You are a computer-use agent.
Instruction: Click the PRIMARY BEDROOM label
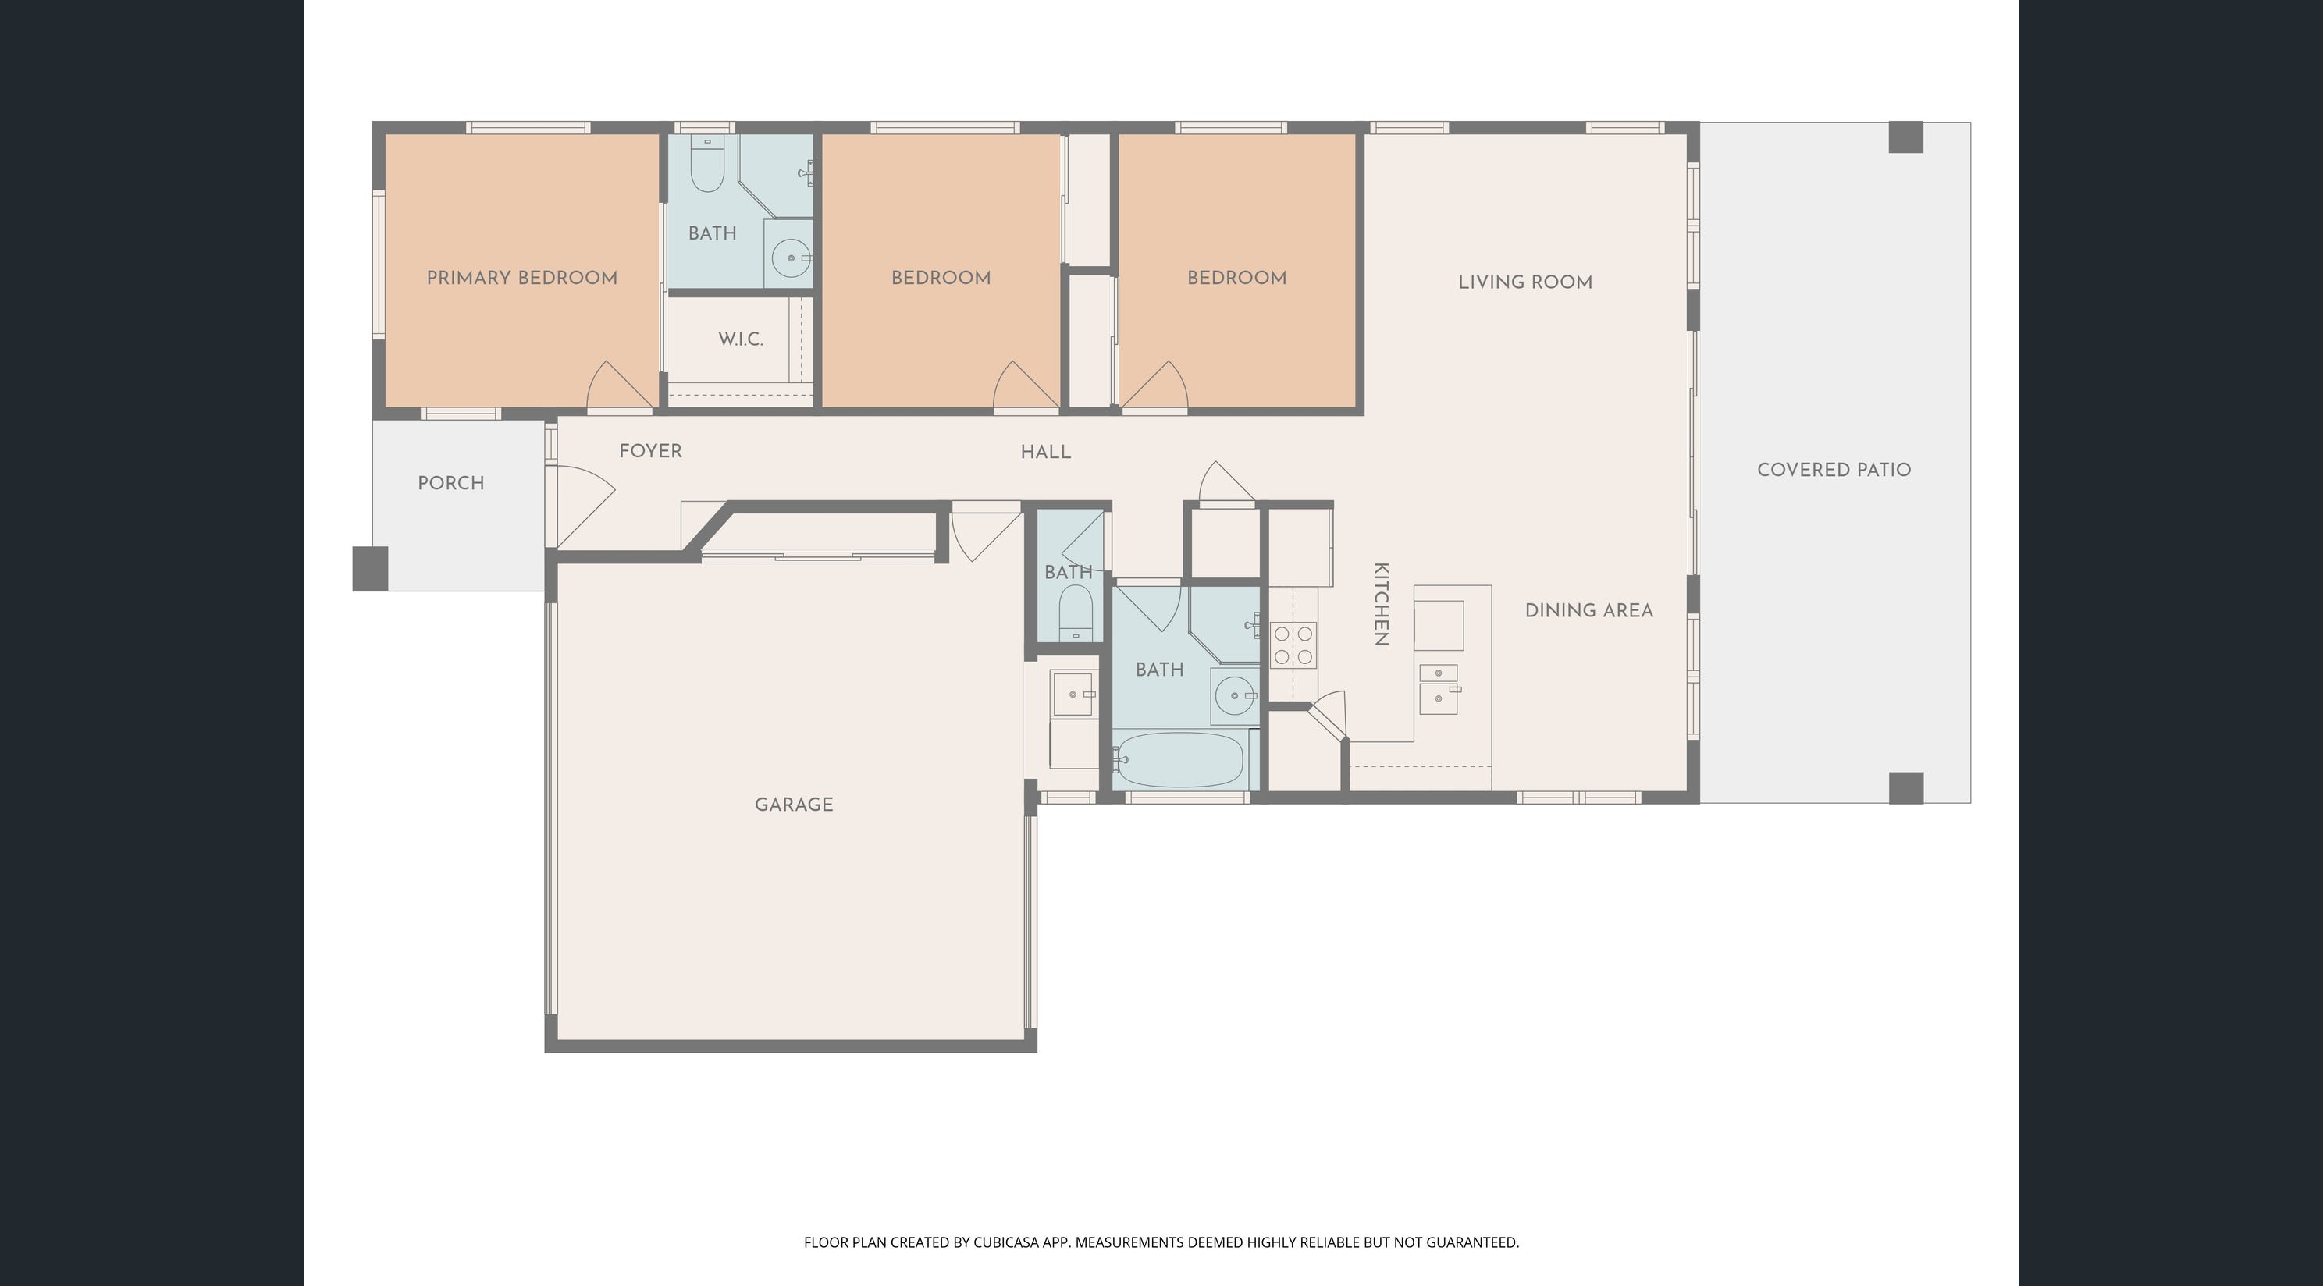pos(522,278)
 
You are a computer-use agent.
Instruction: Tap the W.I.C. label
pos(740,339)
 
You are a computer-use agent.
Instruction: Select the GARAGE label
pos(794,805)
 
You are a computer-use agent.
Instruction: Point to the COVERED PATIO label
pos(1834,470)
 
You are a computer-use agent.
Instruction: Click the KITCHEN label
pos(1381,604)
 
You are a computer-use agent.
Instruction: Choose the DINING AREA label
pos(1589,610)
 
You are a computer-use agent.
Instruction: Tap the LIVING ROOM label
pos(1525,282)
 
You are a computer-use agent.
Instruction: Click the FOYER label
pos(650,451)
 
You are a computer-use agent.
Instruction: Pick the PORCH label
pos(451,483)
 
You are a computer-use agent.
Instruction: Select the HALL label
pos(1046,452)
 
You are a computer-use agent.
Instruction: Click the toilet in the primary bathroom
pos(707,163)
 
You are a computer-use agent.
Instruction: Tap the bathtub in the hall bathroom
pos(1179,760)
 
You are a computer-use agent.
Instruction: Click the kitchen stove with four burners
pos(1293,645)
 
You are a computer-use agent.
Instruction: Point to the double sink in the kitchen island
pos(1439,689)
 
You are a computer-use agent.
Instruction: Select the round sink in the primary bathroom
pos(791,258)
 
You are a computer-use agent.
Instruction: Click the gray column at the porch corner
pos(370,569)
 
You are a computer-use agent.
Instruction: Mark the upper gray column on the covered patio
pos(1906,137)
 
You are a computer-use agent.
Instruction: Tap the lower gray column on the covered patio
pos(1906,788)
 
